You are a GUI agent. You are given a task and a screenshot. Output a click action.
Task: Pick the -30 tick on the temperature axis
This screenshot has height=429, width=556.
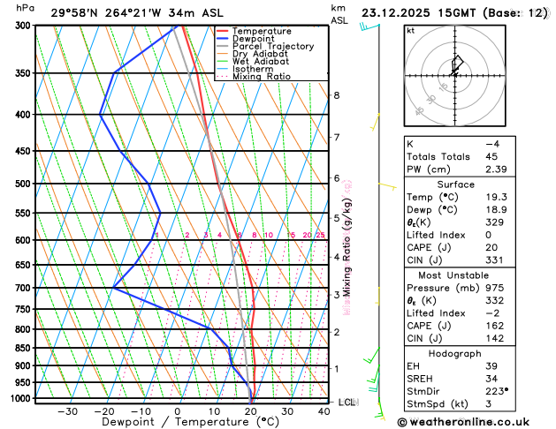coord(67,411)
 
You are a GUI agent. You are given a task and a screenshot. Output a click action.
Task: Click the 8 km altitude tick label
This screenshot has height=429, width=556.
coord(336,95)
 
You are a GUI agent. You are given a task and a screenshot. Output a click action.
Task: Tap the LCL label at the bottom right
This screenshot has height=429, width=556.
coord(347,403)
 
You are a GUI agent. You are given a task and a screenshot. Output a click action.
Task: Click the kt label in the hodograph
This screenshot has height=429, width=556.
coord(410,30)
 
